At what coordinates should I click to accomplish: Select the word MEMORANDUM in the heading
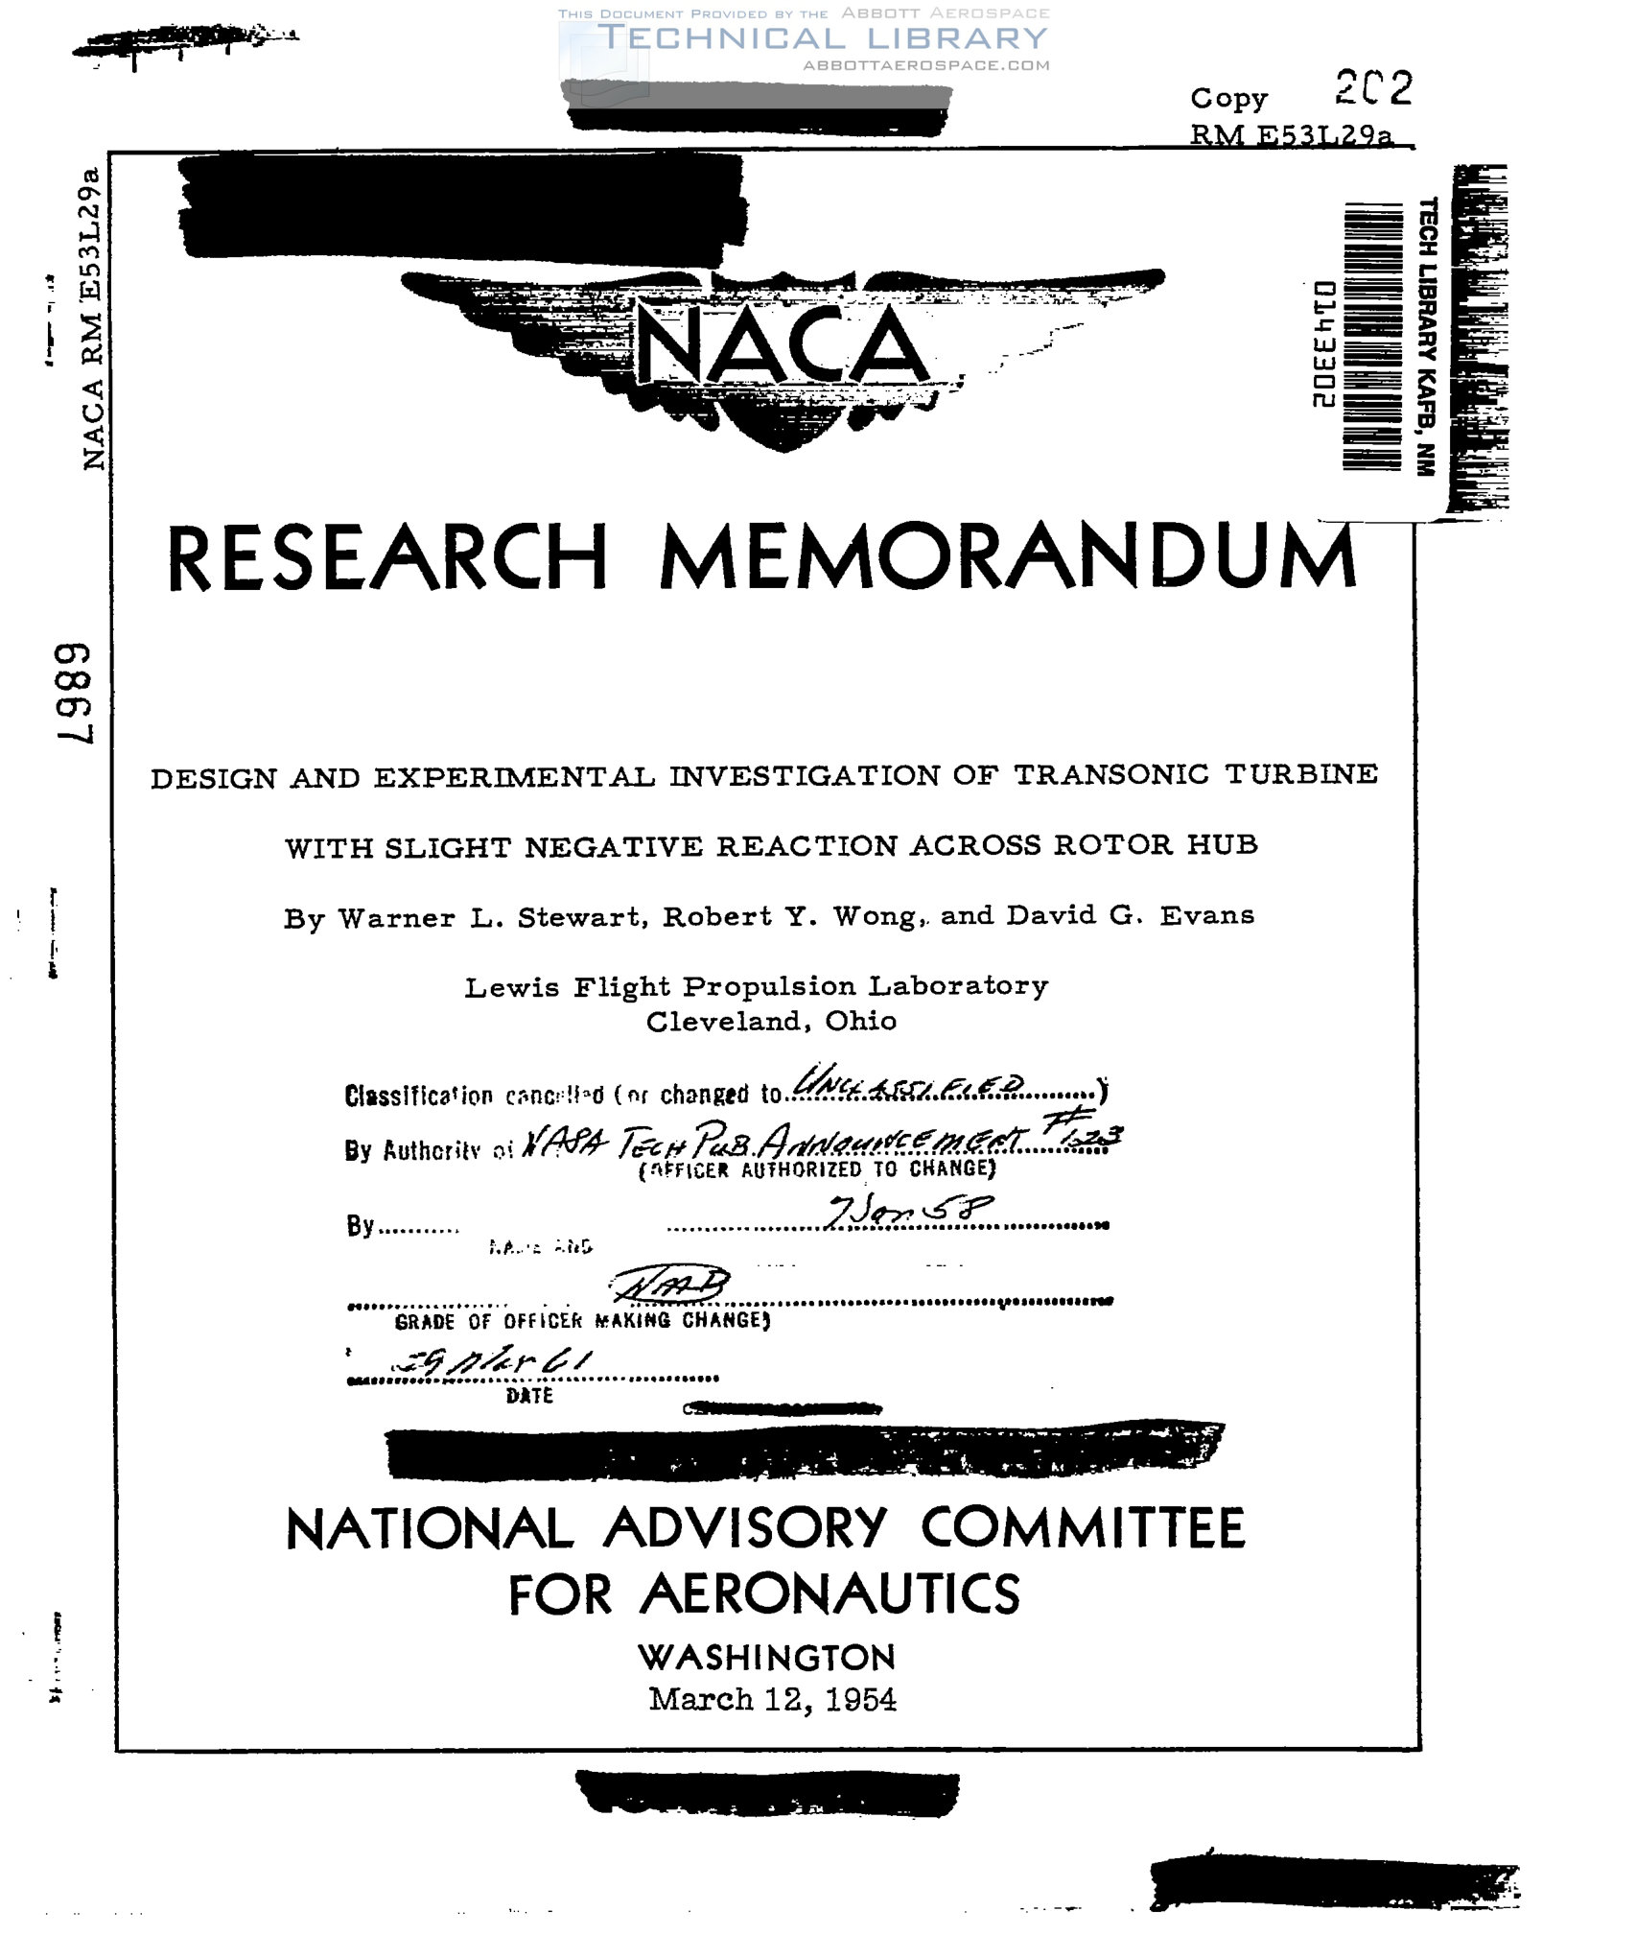pyautogui.click(x=1008, y=558)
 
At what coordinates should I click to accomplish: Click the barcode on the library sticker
pyautogui.click(x=1372, y=336)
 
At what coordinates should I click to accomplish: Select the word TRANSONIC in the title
pyautogui.click(x=1111, y=774)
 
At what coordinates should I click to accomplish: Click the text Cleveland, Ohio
pyautogui.click(x=771, y=1021)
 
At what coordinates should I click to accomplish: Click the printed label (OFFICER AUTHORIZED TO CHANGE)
pyautogui.click(x=817, y=1168)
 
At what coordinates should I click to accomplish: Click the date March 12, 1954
pyautogui.click(x=772, y=1700)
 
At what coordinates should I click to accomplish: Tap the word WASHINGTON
pyautogui.click(x=766, y=1657)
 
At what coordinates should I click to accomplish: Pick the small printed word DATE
pyautogui.click(x=529, y=1396)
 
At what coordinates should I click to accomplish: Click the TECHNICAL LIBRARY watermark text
pyautogui.click(x=822, y=38)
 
